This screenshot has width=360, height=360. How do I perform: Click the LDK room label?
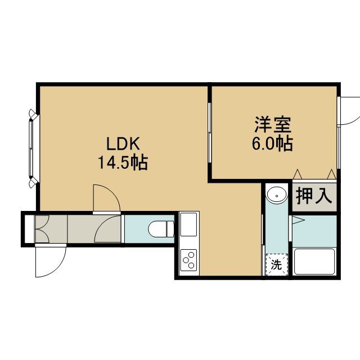[123, 143]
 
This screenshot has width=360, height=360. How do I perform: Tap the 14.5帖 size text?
[123, 163]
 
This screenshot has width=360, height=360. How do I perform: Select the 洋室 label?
[273, 125]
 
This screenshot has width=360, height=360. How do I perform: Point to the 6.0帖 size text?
[272, 143]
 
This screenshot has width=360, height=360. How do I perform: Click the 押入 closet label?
[314, 196]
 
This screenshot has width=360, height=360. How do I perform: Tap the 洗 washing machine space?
[276, 264]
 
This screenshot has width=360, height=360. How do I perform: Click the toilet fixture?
[161, 229]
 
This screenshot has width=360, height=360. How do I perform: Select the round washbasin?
[277, 195]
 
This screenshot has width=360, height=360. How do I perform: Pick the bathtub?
[314, 262]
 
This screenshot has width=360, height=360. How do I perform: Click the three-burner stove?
[188, 260]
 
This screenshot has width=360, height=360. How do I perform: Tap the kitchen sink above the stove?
[188, 224]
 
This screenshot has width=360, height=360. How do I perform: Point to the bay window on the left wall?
[33, 148]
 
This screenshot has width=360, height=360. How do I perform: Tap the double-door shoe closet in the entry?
[41, 229]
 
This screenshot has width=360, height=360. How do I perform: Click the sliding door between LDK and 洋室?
[209, 133]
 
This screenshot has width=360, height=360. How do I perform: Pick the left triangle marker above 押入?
[298, 174]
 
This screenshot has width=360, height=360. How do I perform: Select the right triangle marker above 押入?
[331, 174]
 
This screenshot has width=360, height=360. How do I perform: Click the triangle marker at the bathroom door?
[298, 220]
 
